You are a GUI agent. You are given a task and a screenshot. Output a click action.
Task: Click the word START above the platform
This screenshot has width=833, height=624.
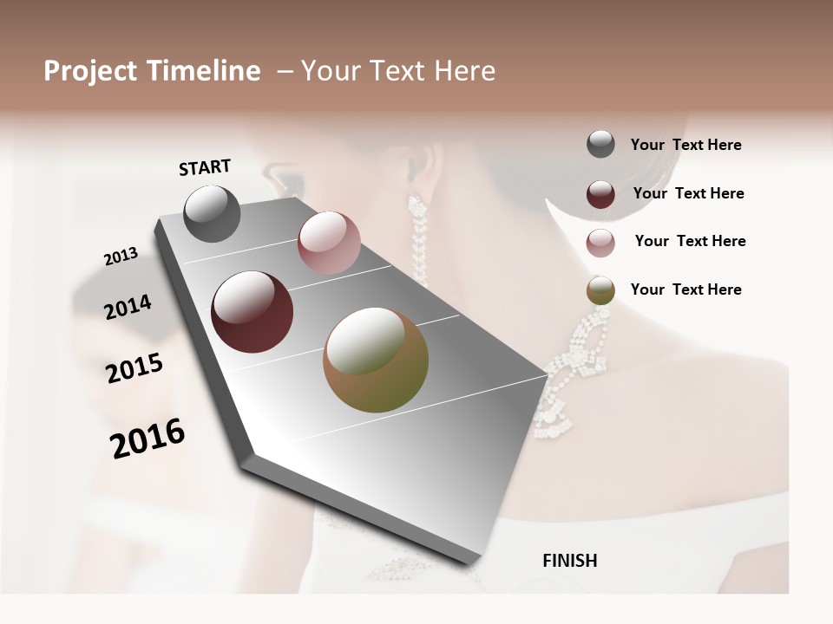tap(205, 167)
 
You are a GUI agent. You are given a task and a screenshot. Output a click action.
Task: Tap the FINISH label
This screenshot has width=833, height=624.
tap(569, 561)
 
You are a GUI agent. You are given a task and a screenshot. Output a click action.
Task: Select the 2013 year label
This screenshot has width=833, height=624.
tap(121, 257)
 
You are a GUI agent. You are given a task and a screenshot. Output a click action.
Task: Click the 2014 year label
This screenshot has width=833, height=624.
tap(128, 307)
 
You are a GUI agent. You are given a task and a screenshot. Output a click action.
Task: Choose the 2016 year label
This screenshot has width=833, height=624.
tap(148, 439)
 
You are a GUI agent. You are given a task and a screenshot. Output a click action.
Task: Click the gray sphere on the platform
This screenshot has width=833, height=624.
tap(212, 213)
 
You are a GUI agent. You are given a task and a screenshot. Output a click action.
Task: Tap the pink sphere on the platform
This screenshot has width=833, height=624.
tap(329, 242)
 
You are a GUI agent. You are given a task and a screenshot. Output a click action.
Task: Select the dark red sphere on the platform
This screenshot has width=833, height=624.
tap(253, 312)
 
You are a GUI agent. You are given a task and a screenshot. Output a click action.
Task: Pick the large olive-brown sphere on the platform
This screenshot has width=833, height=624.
tap(376, 360)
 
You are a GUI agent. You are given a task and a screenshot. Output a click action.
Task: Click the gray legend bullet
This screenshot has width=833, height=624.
tap(600, 145)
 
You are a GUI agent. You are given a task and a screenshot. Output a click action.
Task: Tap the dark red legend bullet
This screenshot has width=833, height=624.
tap(600, 194)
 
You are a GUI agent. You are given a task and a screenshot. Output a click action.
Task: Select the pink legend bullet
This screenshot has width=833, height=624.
tap(600, 243)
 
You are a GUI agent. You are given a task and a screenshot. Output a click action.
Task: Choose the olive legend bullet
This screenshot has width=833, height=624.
tap(600, 290)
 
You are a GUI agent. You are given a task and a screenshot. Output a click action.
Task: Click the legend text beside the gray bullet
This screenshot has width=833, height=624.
tap(685, 146)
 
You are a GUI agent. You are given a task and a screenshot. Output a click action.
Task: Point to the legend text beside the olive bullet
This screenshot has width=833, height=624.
tap(685, 289)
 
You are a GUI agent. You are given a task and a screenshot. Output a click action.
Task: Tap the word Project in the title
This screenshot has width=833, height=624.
tap(91, 71)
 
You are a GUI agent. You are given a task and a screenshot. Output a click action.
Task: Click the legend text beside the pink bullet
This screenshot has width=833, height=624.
tap(690, 241)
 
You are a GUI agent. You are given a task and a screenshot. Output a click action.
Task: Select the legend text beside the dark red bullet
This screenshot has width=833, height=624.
tap(688, 193)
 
